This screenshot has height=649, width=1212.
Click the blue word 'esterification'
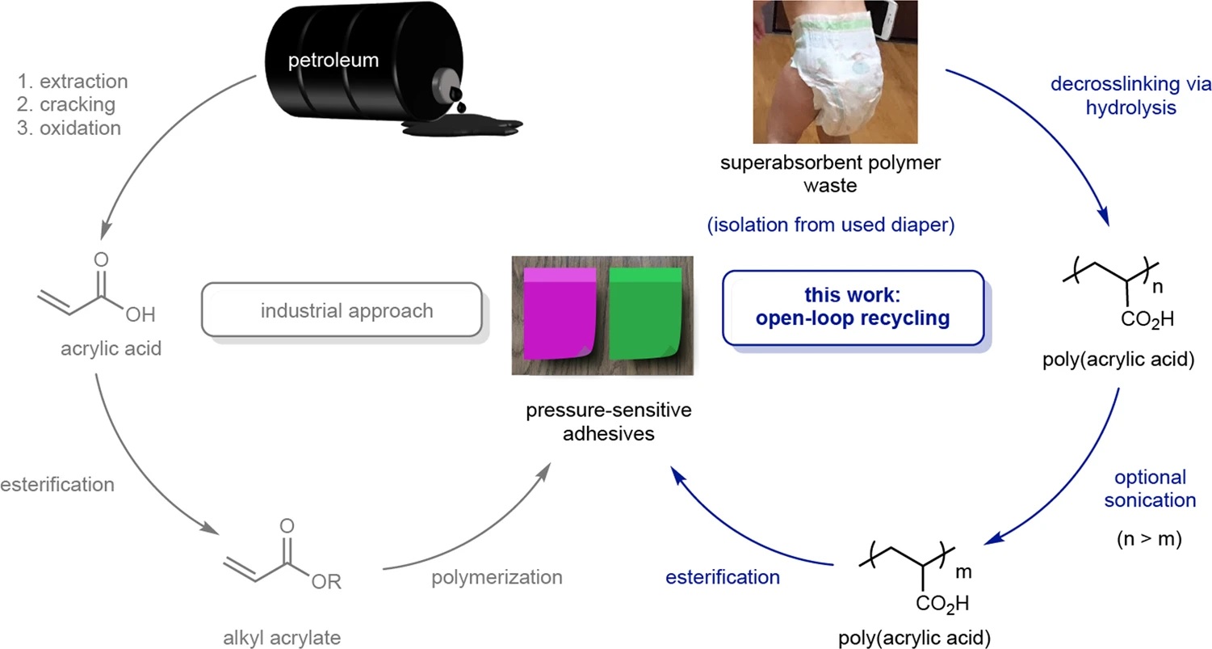[723, 577]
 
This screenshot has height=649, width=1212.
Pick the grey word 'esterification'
[57, 485]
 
